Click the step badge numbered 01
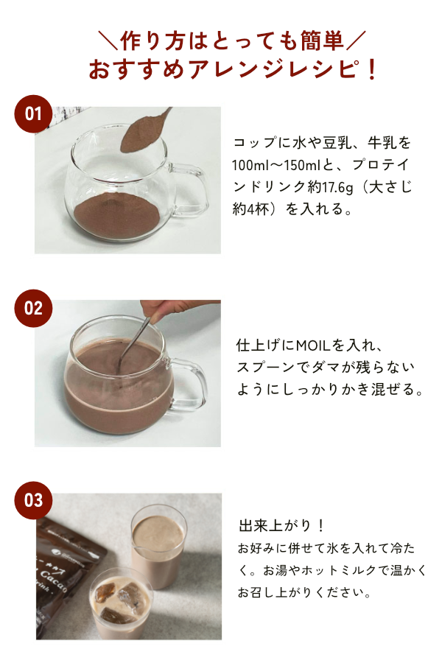33,113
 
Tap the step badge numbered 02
33,308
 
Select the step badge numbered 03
33,500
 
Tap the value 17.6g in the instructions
337,187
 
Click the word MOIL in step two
312,345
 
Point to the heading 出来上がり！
282,525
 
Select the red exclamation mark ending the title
372,69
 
